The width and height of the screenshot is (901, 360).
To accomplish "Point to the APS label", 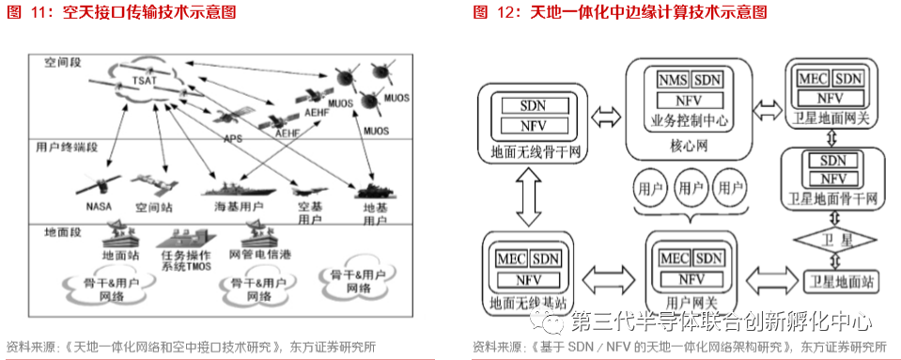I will (233, 138).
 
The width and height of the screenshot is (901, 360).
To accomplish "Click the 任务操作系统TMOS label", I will (185, 260).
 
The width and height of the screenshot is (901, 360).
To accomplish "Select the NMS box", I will (673, 79).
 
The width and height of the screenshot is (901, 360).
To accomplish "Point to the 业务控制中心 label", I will (689, 120).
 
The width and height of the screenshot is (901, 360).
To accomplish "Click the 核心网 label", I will (689, 149).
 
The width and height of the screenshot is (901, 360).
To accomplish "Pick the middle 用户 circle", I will (690, 188).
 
